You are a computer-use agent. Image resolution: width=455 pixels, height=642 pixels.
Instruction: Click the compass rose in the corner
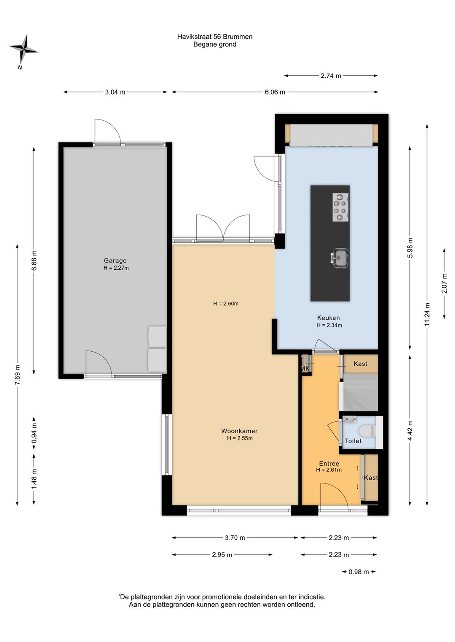[24, 50]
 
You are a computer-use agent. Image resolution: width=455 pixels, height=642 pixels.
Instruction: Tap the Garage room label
[115, 260]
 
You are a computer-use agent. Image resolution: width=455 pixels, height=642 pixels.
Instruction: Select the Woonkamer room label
[239, 431]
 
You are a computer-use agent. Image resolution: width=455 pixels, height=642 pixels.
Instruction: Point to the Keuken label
[329, 318]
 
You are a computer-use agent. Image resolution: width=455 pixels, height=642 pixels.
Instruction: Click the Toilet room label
[353, 441]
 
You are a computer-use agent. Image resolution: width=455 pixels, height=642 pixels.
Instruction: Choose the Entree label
[329, 463]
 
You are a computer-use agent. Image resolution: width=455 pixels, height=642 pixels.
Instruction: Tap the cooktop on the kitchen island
[340, 207]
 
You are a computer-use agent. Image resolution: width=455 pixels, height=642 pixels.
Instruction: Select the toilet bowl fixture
[367, 430]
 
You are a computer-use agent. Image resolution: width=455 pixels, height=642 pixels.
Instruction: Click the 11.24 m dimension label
[427, 314]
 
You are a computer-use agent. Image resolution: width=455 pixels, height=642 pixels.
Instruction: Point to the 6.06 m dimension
[275, 92]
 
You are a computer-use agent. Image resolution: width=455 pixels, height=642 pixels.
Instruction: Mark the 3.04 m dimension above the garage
[115, 92]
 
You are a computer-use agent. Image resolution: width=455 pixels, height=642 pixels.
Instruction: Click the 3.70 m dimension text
[235, 538]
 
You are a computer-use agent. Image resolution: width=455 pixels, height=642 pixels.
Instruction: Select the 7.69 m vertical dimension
[18, 375]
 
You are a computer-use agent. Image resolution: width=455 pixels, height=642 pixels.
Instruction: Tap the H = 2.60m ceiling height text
[226, 303]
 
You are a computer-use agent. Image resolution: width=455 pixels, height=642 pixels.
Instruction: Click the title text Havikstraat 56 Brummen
[215, 37]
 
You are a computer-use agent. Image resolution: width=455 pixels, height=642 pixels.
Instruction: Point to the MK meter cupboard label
[305, 368]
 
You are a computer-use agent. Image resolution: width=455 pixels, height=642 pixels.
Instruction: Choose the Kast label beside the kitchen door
[360, 364]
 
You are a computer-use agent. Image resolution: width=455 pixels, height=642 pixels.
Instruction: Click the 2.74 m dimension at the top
[331, 76]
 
